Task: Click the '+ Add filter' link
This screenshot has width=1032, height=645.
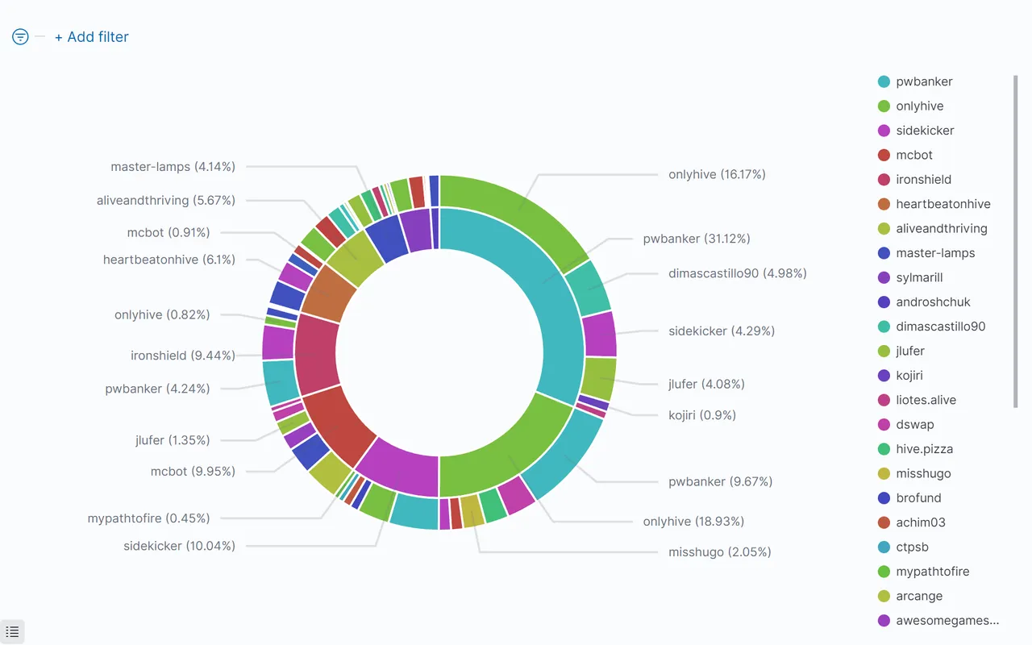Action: point(91,37)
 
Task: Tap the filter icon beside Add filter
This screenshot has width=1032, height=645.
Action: point(20,37)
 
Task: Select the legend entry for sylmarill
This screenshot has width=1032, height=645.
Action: point(919,277)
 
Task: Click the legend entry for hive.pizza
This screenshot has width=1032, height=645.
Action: point(924,449)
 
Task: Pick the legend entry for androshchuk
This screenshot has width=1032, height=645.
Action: point(933,302)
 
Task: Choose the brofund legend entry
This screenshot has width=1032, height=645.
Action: point(918,498)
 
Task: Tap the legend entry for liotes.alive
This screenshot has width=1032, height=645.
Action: point(926,400)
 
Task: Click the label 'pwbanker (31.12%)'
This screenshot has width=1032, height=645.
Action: point(697,239)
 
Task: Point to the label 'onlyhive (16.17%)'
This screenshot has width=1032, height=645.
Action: point(717,174)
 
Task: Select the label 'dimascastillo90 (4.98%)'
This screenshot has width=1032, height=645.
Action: point(737,273)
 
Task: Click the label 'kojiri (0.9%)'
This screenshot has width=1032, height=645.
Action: point(701,415)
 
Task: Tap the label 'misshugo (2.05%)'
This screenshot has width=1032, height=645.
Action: point(719,552)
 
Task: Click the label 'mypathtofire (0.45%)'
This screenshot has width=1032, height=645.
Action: point(148,518)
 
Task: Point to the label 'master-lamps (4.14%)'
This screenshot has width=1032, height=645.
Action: point(173,167)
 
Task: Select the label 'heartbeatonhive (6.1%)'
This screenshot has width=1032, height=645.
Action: point(169,260)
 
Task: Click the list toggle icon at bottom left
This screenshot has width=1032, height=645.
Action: point(12,632)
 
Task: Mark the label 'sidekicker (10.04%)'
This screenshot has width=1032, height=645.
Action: point(179,546)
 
